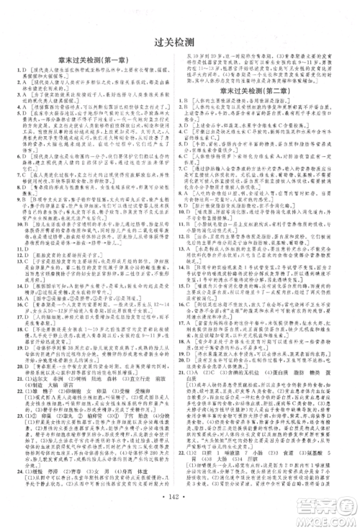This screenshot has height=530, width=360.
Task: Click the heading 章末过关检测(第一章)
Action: [x=92, y=63]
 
